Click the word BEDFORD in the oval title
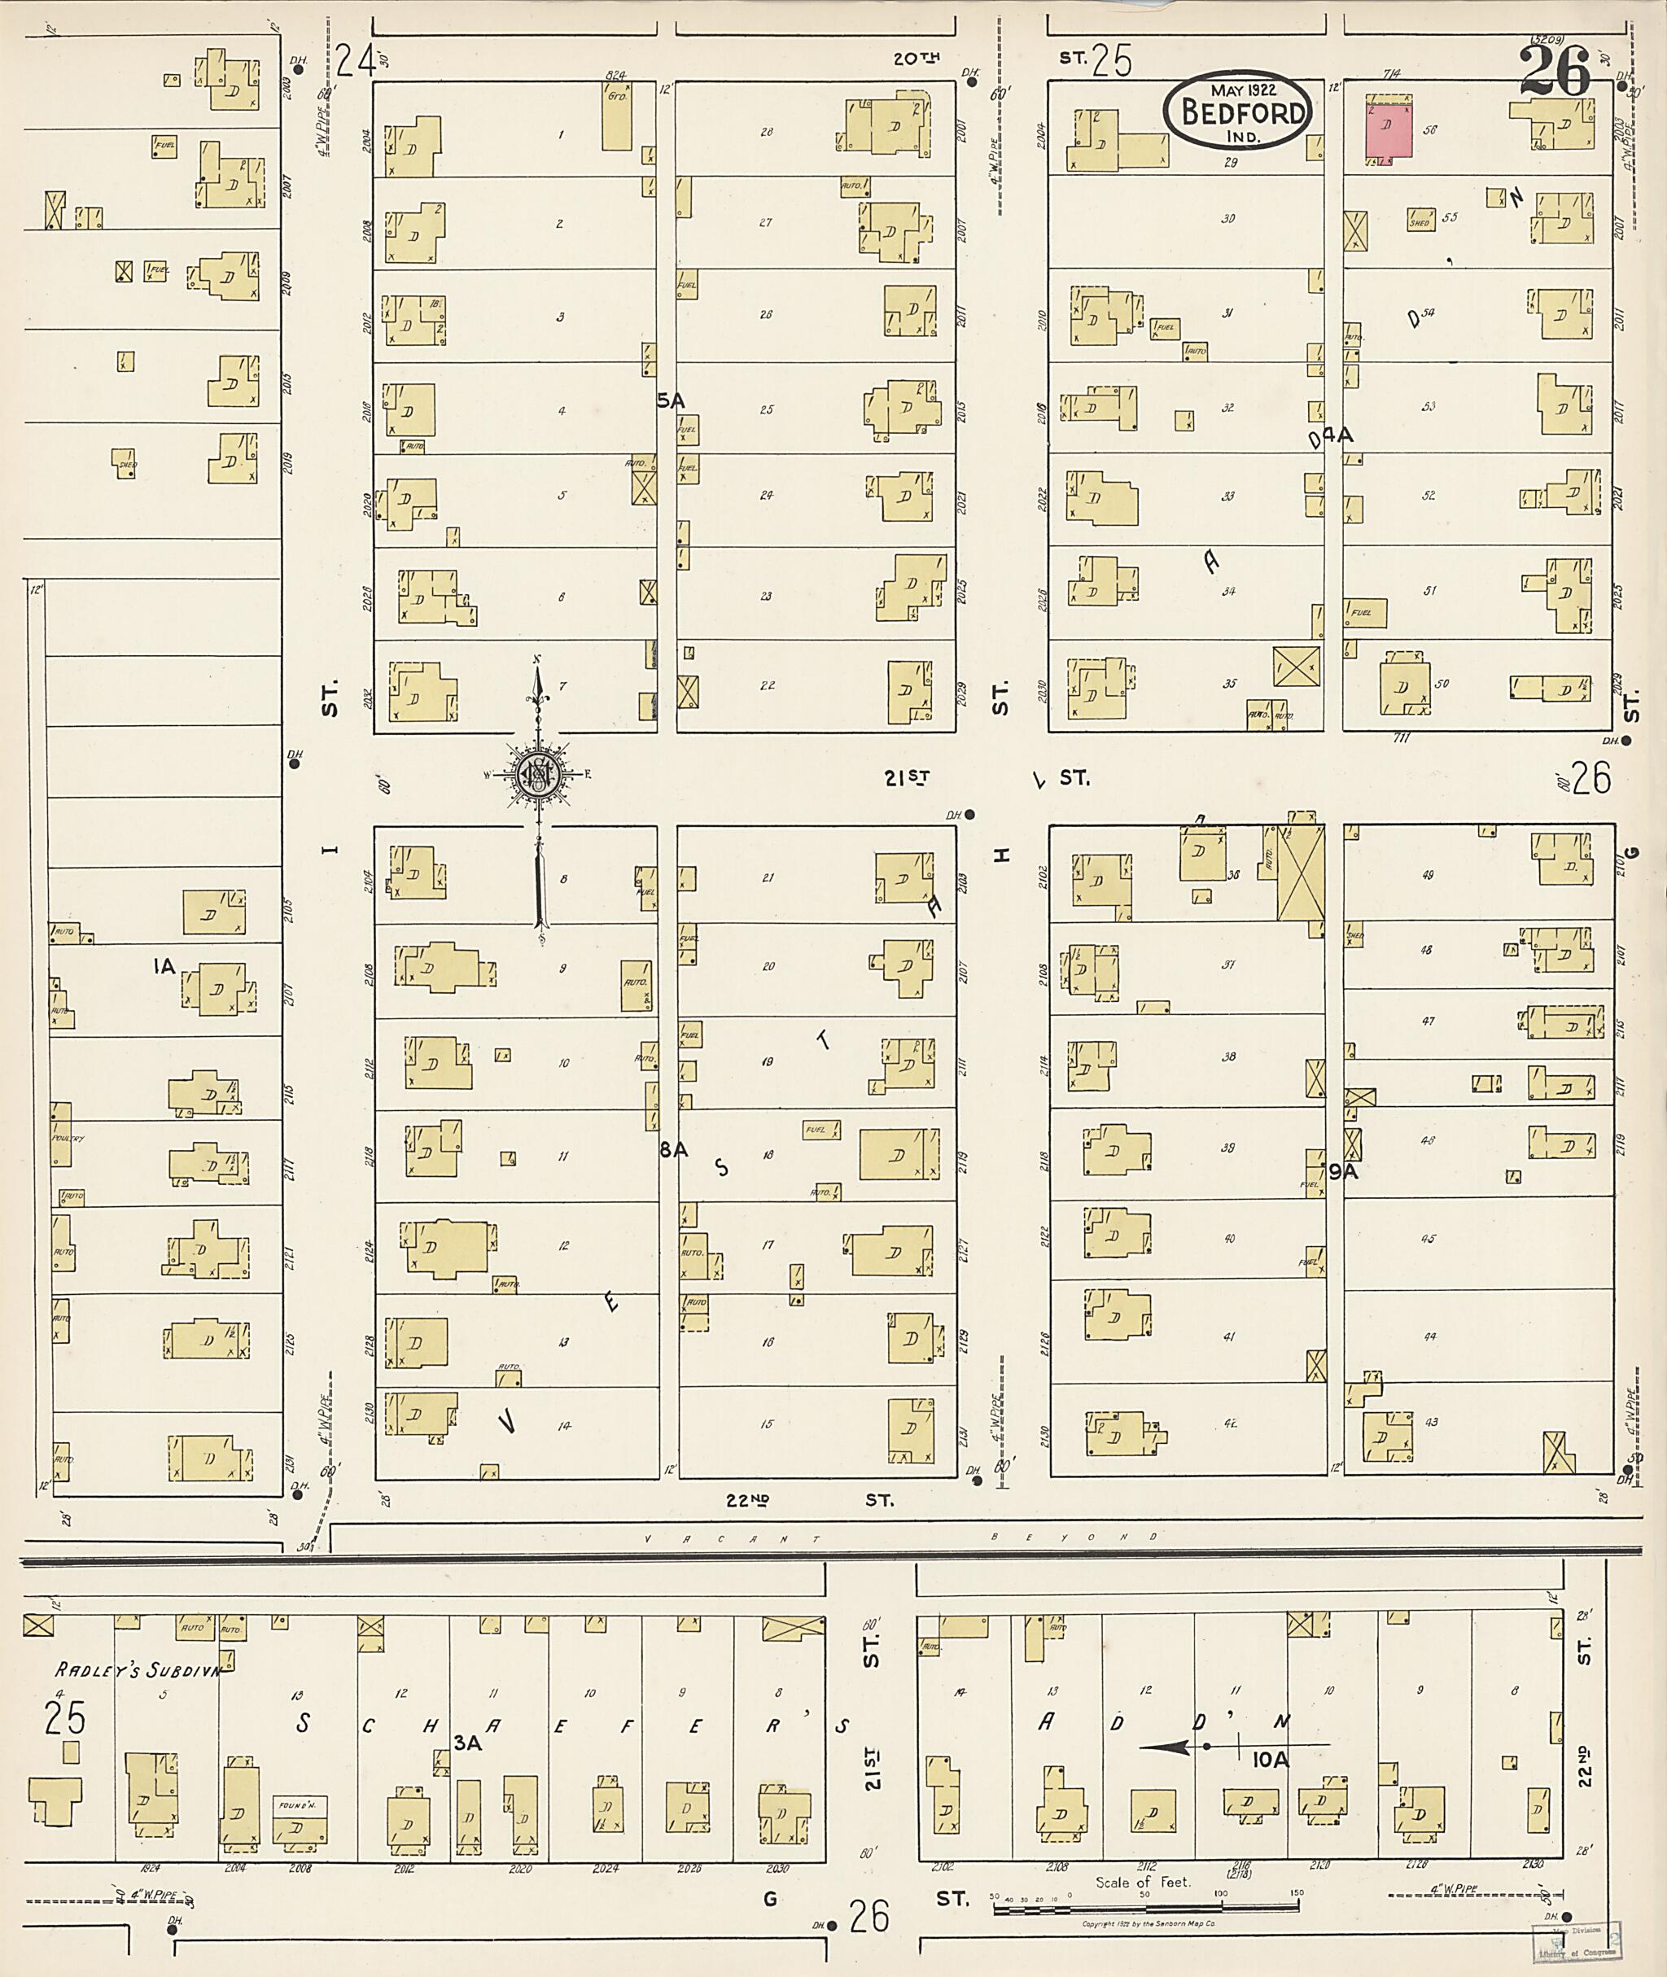[1237, 113]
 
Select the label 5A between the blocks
[670, 401]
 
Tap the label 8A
[674, 1149]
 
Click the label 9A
[1343, 1172]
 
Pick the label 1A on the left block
[164, 966]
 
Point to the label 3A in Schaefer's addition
[467, 1743]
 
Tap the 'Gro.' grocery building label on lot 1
[617, 95]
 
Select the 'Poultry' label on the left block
[68, 1139]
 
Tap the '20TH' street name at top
[917, 59]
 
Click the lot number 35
[1229, 683]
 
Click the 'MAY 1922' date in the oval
[1238, 90]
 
